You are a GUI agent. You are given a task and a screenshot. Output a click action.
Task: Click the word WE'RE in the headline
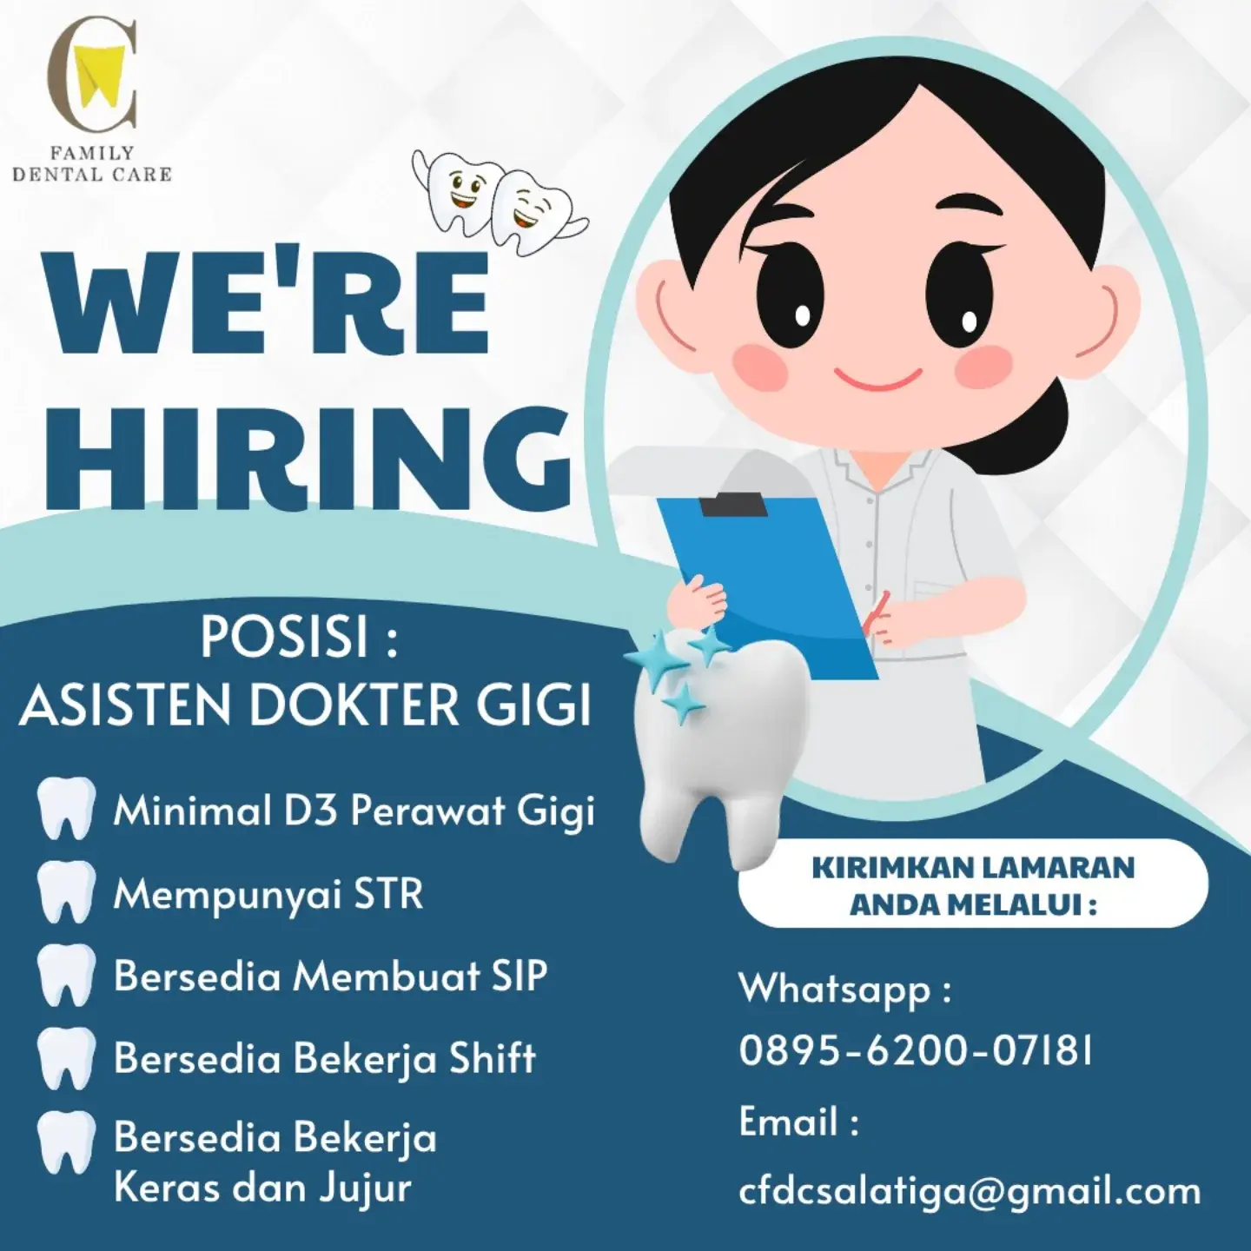265,303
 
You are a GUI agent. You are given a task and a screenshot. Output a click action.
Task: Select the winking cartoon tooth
531,211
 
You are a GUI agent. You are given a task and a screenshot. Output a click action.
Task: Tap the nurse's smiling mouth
877,379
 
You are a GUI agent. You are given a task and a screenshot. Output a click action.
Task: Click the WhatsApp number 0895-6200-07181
915,1051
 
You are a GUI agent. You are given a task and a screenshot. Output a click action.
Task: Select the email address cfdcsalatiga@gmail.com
970,1192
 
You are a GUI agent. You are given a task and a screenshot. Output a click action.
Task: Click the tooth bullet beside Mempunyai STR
65,892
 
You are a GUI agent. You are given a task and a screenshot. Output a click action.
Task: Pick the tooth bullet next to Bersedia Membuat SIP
65,975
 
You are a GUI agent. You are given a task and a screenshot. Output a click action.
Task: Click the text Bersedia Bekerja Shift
325,1058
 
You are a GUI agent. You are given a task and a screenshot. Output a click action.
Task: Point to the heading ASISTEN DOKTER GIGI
306,705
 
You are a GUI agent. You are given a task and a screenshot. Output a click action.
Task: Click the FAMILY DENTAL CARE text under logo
92,164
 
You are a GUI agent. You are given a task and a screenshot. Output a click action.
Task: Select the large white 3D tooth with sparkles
714,746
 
